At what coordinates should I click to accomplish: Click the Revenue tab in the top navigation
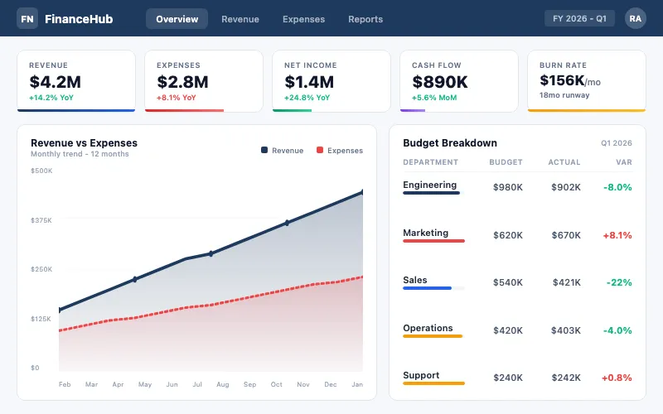click(240, 19)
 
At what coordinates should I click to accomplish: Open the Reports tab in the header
click(365, 19)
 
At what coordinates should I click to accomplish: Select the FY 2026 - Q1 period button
click(579, 18)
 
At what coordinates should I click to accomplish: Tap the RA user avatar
click(635, 18)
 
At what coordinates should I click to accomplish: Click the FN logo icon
click(27, 18)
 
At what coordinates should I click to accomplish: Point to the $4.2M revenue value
click(55, 81)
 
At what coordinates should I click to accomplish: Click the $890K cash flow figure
click(439, 81)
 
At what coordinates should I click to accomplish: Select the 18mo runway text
click(564, 96)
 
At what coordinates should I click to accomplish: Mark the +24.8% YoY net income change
click(307, 97)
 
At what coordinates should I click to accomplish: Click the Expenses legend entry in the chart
click(339, 151)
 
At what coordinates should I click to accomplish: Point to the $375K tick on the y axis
click(41, 220)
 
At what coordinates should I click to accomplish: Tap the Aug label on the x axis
click(223, 384)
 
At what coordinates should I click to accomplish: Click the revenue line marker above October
click(287, 223)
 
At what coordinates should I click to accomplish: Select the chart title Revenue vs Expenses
click(84, 143)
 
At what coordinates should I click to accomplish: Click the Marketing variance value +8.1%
click(617, 235)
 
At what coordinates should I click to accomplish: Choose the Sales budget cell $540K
click(507, 282)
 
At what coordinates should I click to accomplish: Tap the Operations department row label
click(428, 328)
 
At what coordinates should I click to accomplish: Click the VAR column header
click(624, 162)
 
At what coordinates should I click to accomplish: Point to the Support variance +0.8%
click(617, 378)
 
